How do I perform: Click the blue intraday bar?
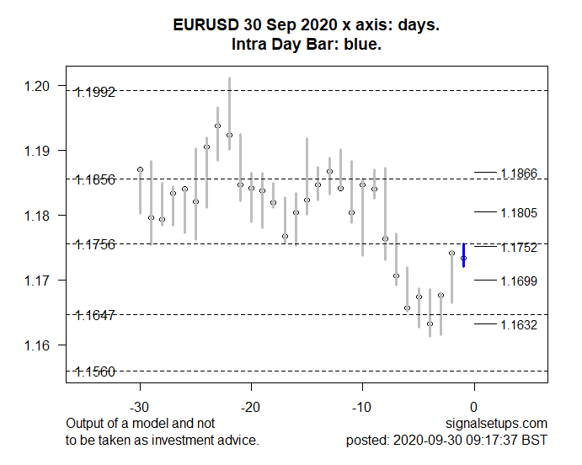coord(464,255)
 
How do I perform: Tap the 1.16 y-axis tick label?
coord(40,345)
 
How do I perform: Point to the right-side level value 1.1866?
coord(518,174)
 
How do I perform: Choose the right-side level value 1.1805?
coord(518,213)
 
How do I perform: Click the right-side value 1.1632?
coord(518,325)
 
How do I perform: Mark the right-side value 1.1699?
coord(518,281)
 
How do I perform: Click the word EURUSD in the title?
coord(201,26)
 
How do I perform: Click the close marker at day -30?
coord(140,170)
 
